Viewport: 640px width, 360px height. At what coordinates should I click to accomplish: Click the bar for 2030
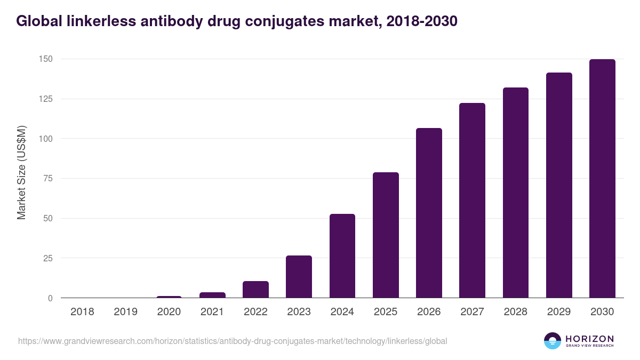click(x=602, y=179)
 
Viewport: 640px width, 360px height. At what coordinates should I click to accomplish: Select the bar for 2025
click(x=386, y=235)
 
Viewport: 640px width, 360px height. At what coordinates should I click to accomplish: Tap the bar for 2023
click(x=299, y=277)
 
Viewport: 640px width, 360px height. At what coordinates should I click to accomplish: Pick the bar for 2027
click(x=472, y=201)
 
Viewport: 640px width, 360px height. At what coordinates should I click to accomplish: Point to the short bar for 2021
click(x=212, y=295)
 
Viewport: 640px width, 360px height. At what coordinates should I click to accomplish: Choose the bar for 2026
click(x=429, y=213)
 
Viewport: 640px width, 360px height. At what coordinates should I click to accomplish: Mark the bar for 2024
click(x=342, y=256)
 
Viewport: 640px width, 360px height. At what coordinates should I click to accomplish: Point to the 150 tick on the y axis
click(x=45, y=59)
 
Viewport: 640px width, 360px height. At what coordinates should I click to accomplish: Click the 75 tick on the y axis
click(x=47, y=179)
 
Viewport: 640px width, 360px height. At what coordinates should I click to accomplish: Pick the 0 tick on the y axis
click(x=50, y=298)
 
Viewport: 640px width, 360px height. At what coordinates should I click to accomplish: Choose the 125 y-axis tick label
click(x=45, y=99)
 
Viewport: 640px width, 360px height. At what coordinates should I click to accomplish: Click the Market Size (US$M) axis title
click(x=21, y=172)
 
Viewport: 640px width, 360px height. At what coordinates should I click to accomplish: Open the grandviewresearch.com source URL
click(x=233, y=341)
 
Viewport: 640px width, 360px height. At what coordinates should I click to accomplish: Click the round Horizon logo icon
click(x=553, y=341)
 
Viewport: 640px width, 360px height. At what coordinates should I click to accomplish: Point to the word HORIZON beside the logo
click(x=589, y=339)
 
